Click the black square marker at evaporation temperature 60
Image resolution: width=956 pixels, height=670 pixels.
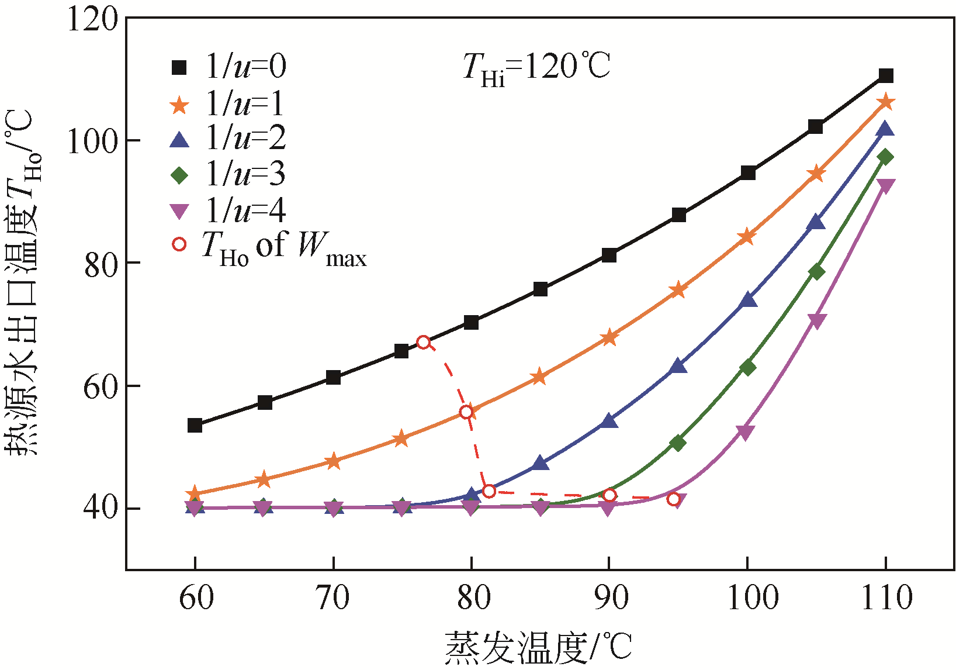195,425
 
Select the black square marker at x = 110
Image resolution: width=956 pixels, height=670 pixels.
886,75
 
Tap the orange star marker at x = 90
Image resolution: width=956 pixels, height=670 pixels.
609,337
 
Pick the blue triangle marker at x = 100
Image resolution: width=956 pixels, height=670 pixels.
748,301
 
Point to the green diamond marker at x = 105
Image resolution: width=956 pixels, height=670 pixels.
816,272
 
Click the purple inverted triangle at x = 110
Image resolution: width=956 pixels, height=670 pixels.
886,187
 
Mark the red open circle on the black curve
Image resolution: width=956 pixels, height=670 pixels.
424,343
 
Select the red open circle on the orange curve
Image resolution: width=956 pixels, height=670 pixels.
466,412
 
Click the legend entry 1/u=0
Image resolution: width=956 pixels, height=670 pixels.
228,67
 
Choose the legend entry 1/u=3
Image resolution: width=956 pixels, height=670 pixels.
228,174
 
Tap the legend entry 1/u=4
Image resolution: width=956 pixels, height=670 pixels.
228,210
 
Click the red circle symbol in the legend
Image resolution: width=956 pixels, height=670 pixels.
179,244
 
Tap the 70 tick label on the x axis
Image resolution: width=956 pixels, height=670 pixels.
333,598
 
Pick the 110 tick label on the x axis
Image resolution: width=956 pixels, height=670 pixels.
886,598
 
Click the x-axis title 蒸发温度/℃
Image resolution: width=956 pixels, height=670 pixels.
538,648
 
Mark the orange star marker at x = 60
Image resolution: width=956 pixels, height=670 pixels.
195,494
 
